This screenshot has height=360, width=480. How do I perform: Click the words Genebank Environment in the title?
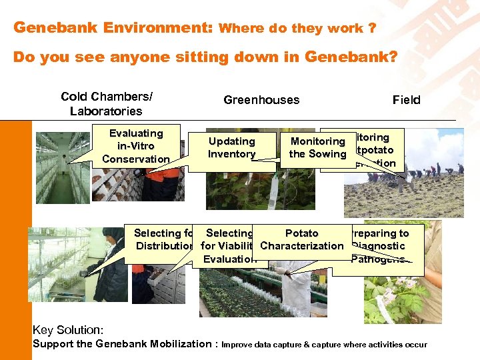click(113, 28)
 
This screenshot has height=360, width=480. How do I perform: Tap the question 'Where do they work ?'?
click(297, 29)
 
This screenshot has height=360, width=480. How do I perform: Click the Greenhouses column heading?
click(261, 100)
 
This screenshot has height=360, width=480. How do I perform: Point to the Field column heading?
click(406, 100)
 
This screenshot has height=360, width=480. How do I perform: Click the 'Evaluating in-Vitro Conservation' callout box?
click(136, 146)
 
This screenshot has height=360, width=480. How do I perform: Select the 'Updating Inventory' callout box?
click(231, 148)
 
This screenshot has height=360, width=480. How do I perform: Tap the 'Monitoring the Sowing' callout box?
click(317, 148)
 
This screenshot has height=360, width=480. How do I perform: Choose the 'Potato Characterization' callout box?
click(301, 240)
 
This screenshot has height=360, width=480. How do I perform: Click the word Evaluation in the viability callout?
click(229, 259)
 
